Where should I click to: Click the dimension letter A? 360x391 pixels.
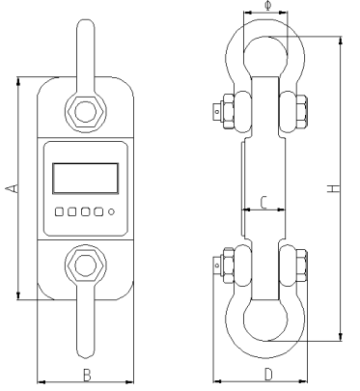pyautogui.click(x=13, y=188)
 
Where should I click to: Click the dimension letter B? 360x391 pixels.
pyautogui.click(x=87, y=376)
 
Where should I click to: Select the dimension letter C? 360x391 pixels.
pyautogui.click(x=263, y=203)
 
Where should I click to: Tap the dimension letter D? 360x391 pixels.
pyautogui.click(x=268, y=375)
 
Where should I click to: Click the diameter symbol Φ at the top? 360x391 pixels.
pyautogui.click(x=268, y=6)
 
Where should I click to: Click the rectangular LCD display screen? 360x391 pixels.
pyautogui.click(x=86, y=179)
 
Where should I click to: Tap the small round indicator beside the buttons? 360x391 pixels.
pyautogui.click(x=112, y=212)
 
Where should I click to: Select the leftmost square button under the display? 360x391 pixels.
pyautogui.click(x=59, y=211)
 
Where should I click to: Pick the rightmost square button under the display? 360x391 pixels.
pyautogui.click(x=98, y=211)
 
